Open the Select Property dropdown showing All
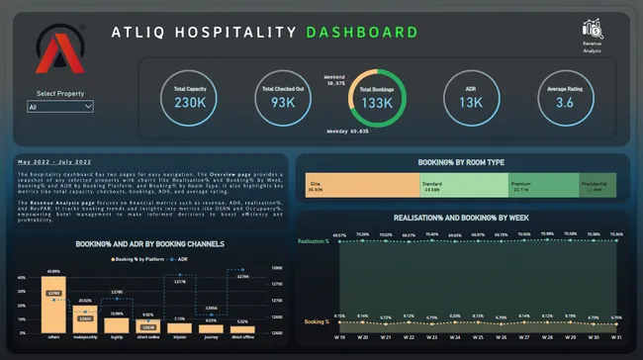tap(60, 106)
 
